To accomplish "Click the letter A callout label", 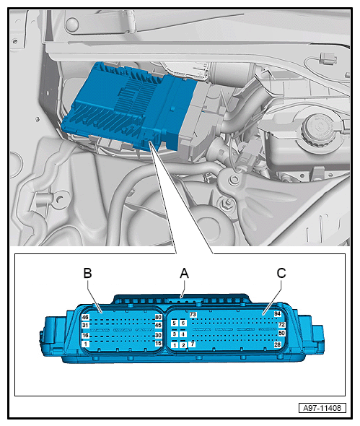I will tap(184, 273).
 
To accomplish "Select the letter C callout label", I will tap(281, 273).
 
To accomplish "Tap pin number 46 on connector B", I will tap(85, 317).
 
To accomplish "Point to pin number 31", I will tap(85, 326).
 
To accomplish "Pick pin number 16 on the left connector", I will tap(85, 335).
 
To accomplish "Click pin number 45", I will tap(158, 326).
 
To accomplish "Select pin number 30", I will tap(158, 335).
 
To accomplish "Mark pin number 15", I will tap(158, 344).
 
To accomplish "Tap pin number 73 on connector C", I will tap(193, 315).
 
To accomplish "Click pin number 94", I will tap(276, 313).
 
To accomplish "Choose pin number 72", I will tap(282, 325).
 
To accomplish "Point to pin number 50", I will tap(282, 334).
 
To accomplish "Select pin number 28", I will tap(278, 345).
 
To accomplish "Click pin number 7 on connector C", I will tap(192, 345).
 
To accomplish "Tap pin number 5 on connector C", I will tap(175, 323).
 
